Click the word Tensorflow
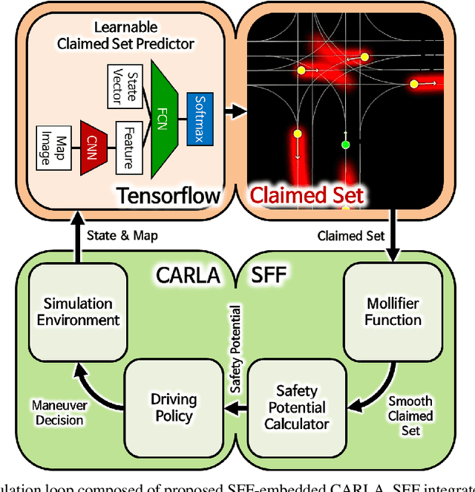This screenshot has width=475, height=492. click(168, 195)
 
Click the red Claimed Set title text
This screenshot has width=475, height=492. click(307, 195)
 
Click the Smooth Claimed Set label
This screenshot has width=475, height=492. click(410, 416)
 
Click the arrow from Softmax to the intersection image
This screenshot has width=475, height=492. click(234, 111)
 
